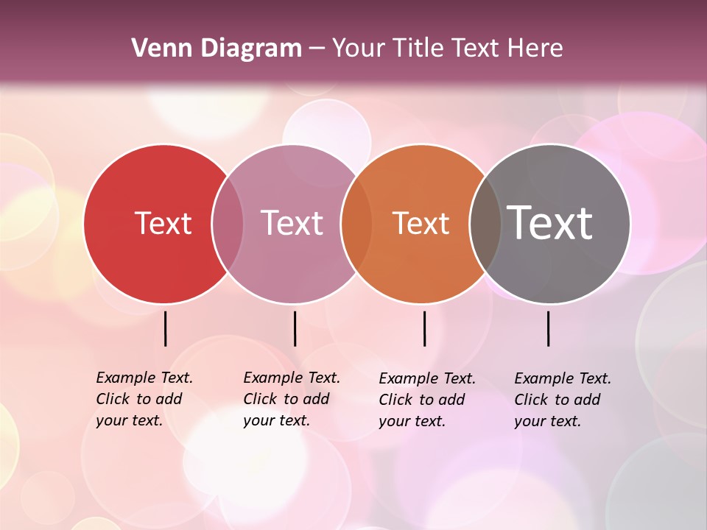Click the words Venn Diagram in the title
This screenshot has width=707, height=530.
click(217, 49)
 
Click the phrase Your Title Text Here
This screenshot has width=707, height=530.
click(447, 49)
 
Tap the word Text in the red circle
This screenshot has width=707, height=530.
click(163, 223)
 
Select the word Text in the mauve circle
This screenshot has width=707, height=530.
click(292, 223)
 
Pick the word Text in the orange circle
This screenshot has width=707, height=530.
click(421, 223)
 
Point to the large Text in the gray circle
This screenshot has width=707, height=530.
click(549, 223)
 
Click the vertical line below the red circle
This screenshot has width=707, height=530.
click(166, 328)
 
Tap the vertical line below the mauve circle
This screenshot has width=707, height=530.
click(295, 328)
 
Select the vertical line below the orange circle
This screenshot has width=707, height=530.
click(425, 328)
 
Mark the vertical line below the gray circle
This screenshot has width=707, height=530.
click(549, 328)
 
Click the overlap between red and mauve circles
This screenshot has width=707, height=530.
click(228, 224)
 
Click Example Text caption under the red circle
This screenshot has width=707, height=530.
click(144, 399)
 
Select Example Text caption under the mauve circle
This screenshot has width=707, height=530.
click(292, 399)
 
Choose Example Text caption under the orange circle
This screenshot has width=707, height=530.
click(427, 400)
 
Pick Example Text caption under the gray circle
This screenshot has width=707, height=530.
click(563, 400)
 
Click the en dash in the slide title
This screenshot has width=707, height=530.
click(317, 49)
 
